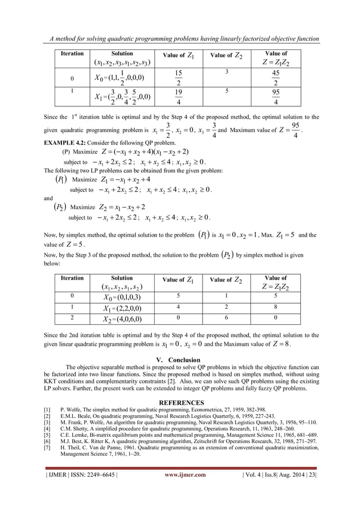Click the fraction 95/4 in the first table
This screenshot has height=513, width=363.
point(275,98)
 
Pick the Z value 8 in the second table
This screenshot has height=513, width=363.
point(275,308)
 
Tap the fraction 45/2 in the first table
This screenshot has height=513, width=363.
point(275,77)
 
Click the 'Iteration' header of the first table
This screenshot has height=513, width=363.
point(72,53)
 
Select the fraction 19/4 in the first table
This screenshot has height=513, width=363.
point(178,98)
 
